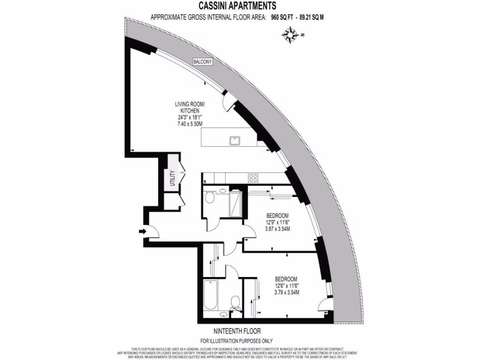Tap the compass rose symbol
(291, 34)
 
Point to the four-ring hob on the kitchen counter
(254, 178)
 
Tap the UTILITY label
(172, 178)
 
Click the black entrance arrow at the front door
(142, 231)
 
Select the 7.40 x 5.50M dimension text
(189, 124)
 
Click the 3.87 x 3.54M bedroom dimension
(276, 229)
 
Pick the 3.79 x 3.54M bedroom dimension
(287, 292)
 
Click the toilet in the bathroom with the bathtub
(236, 300)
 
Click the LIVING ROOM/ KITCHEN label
(190, 107)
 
